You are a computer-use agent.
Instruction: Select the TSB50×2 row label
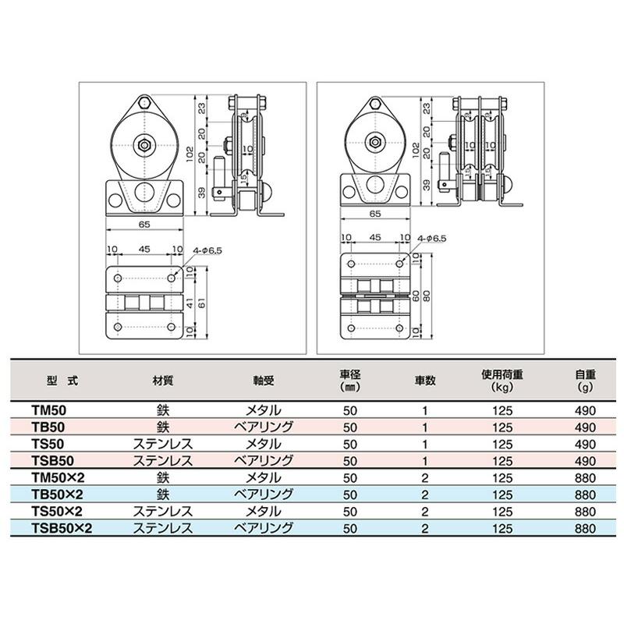[x=62, y=528]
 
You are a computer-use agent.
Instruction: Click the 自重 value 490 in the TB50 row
[x=584, y=427]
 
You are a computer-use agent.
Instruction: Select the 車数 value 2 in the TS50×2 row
[x=424, y=511]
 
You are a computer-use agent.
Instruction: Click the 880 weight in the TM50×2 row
[x=584, y=477]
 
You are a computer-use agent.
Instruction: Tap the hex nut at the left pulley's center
[x=142, y=144]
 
